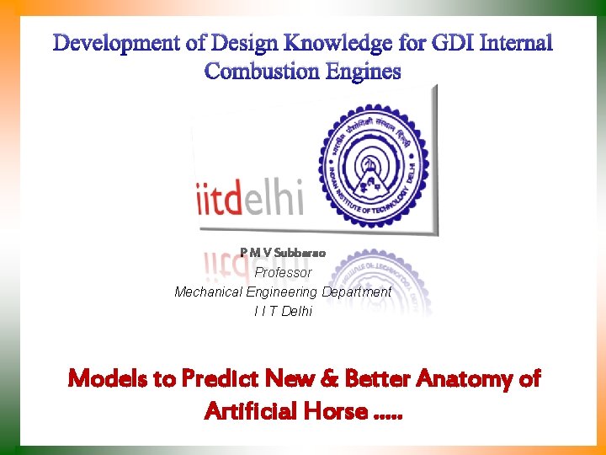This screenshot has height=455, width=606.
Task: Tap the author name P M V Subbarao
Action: point(283,252)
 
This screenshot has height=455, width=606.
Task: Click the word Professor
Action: point(283,272)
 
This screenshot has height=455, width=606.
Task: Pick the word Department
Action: point(356,292)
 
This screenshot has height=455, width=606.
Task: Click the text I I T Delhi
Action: point(283,311)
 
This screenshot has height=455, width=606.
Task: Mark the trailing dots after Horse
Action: point(388,416)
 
